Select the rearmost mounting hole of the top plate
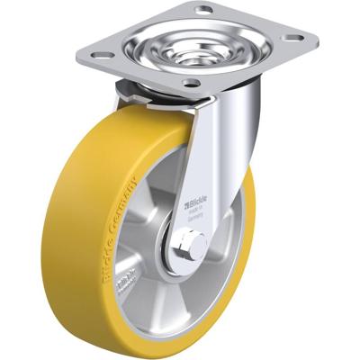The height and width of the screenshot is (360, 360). (205, 10)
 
